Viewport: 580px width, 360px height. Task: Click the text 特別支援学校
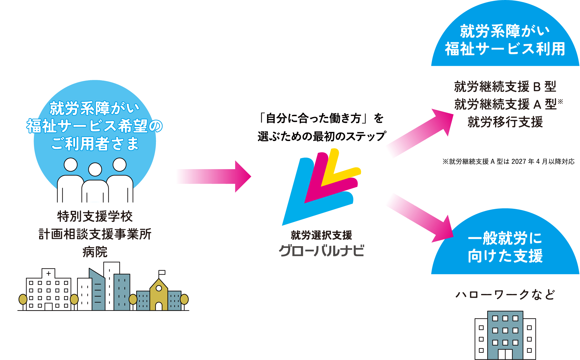coord(95,216)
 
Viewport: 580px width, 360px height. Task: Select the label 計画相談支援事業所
coord(95,234)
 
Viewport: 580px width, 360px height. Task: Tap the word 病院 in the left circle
coord(95,252)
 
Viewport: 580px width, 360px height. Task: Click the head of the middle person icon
coord(95,169)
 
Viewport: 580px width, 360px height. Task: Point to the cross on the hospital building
coord(48,273)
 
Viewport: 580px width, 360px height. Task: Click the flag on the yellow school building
coord(162,272)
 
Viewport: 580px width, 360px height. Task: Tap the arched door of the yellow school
coord(159,306)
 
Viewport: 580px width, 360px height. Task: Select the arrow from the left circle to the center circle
coord(214,176)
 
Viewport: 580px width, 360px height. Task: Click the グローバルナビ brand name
coord(321,251)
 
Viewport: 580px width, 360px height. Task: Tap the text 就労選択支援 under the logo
coord(321,235)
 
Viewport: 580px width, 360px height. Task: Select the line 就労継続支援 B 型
coord(505,86)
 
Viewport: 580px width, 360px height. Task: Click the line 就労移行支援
coord(505,122)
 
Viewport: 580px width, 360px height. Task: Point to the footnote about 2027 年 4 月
coord(508,162)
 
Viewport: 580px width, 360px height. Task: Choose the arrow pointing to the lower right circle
coord(420,217)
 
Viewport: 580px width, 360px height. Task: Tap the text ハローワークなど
coord(505,295)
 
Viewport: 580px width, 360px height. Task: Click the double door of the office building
coord(505,354)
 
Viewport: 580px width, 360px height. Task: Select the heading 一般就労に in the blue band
coord(505,238)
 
